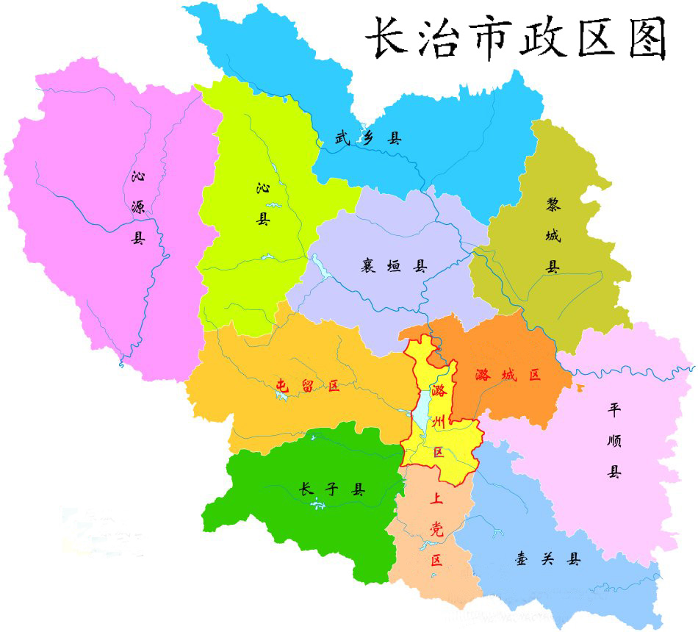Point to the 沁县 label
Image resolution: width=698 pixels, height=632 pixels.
[x=263, y=204]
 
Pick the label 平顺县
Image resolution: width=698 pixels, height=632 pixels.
[x=614, y=440]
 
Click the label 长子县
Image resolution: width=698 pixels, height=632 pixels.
[x=333, y=489]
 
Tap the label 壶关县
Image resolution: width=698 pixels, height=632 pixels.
[x=547, y=559]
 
